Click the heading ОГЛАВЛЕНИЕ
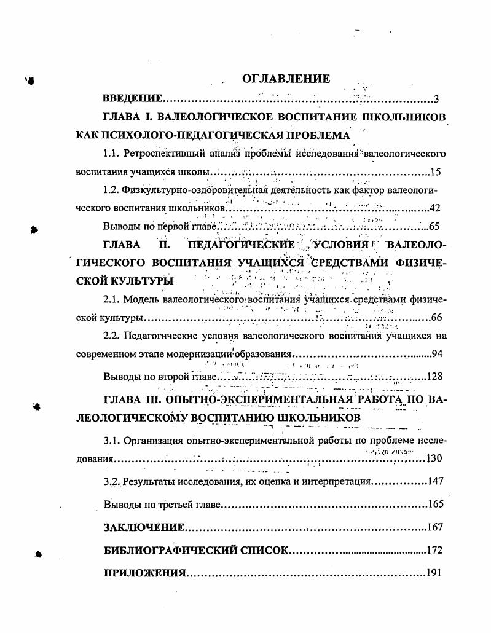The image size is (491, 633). point(286,79)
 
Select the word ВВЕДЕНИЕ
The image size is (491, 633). point(132,98)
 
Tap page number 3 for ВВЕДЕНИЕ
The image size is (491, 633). point(436,99)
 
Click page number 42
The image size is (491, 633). point(436,208)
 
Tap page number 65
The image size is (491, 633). point(436,226)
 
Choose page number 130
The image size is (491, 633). point(434,458)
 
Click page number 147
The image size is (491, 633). point(434,481)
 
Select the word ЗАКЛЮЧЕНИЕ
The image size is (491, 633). point(144,527)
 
